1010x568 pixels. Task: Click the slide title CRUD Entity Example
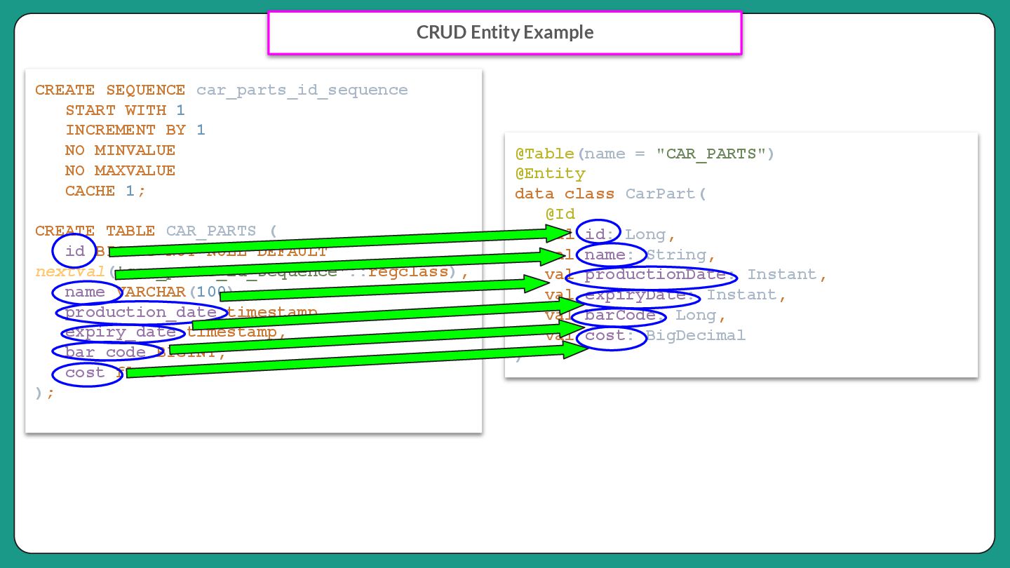pyautogui.click(x=505, y=32)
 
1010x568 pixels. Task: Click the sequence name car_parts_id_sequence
pyautogui.click(x=302, y=90)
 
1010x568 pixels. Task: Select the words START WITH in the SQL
pyautogui.click(x=116, y=110)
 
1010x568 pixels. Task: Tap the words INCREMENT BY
pyautogui.click(x=126, y=130)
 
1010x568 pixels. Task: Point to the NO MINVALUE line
pyautogui.click(x=120, y=150)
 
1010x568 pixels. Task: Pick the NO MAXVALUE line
pyautogui.click(x=120, y=170)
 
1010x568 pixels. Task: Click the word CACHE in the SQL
pyautogui.click(x=90, y=191)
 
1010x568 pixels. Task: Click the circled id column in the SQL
pyautogui.click(x=74, y=251)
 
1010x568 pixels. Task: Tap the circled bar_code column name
pyautogui.click(x=105, y=351)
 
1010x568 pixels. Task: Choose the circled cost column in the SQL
pyautogui.click(x=85, y=372)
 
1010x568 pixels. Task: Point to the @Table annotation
pyautogui.click(x=544, y=154)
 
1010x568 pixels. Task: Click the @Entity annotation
pyautogui.click(x=550, y=173)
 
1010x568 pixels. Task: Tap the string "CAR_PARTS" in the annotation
pyautogui.click(x=711, y=154)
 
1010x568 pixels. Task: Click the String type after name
pyautogui.click(x=676, y=255)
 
